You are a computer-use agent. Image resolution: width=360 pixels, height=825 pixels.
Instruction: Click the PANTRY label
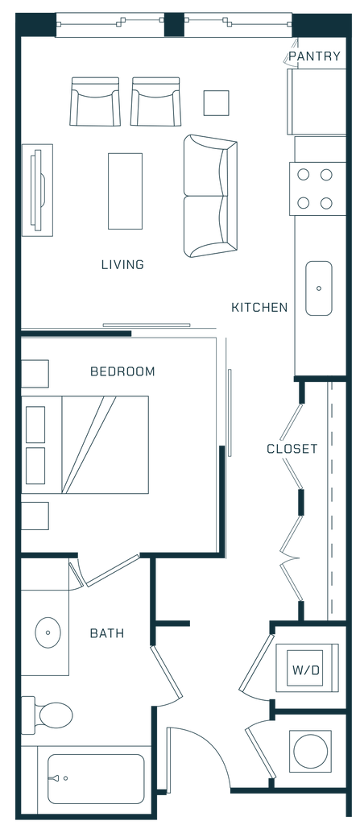pyautogui.click(x=315, y=56)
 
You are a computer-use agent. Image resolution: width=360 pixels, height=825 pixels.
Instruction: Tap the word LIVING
pyautogui.click(x=122, y=264)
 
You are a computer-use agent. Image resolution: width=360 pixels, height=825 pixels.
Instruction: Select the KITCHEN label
pyautogui.click(x=259, y=307)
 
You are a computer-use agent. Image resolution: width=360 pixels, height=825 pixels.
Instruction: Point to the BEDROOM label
pyautogui.click(x=122, y=372)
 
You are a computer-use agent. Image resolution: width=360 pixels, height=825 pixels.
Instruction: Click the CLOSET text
pyautogui.click(x=292, y=449)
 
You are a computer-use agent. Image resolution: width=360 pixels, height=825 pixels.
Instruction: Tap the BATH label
pyautogui.click(x=107, y=633)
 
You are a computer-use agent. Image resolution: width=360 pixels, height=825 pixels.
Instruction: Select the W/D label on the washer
pyautogui.click(x=305, y=670)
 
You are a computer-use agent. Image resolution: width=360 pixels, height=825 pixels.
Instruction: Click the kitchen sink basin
pyautogui.click(x=319, y=288)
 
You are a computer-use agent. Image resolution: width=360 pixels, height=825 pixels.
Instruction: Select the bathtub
pyautogui.click(x=96, y=779)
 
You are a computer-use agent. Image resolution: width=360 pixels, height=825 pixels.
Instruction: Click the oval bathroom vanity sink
pyautogui.click(x=48, y=632)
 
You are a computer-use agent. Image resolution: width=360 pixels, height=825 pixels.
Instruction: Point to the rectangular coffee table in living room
pyautogui.click(x=126, y=191)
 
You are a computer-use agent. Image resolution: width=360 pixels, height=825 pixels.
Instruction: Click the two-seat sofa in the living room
pyautogui.click(x=210, y=196)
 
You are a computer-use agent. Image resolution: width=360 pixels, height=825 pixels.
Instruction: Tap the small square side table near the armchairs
pyautogui.click(x=217, y=103)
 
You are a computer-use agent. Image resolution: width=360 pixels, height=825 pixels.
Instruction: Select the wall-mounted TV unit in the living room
pyautogui.click(x=37, y=190)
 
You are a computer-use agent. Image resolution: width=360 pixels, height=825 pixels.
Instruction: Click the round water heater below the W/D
pyautogui.click(x=311, y=751)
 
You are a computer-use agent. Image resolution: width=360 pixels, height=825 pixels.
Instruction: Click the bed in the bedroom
pyautogui.click(x=85, y=445)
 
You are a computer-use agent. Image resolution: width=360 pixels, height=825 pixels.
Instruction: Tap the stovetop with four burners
pyautogui.click(x=317, y=189)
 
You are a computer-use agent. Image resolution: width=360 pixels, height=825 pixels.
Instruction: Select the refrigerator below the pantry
pyautogui.click(x=317, y=102)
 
